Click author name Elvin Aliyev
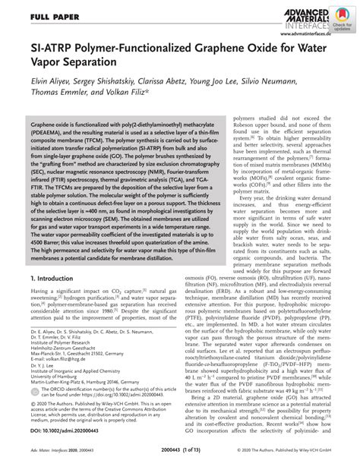point(41,89)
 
